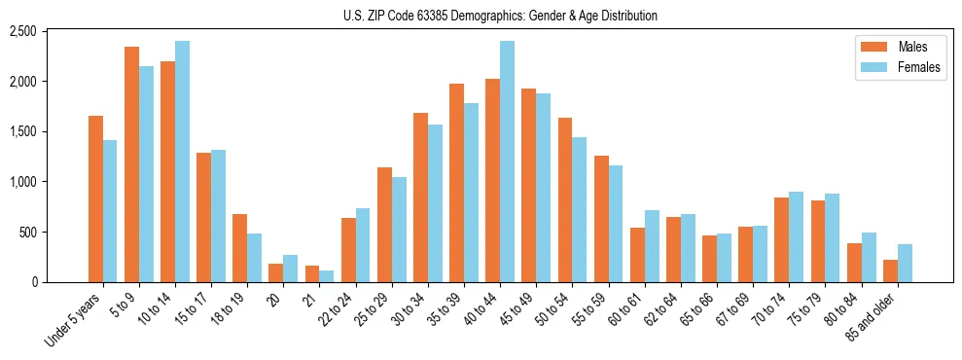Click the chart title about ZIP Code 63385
click(x=500, y=16)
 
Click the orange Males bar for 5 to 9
click(x=131, y=164)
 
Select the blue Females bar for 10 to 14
click(x=182, y=162)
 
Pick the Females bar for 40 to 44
click(x=507, y=162)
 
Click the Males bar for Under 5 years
click(x=95, y=199)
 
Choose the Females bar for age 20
click(x=290, y=269)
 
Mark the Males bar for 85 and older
click(x=890, y=271)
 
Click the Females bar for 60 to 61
click(x=652, y=246)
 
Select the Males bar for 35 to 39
click(x=456, y=183)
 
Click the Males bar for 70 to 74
click(x=781, y=240)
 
